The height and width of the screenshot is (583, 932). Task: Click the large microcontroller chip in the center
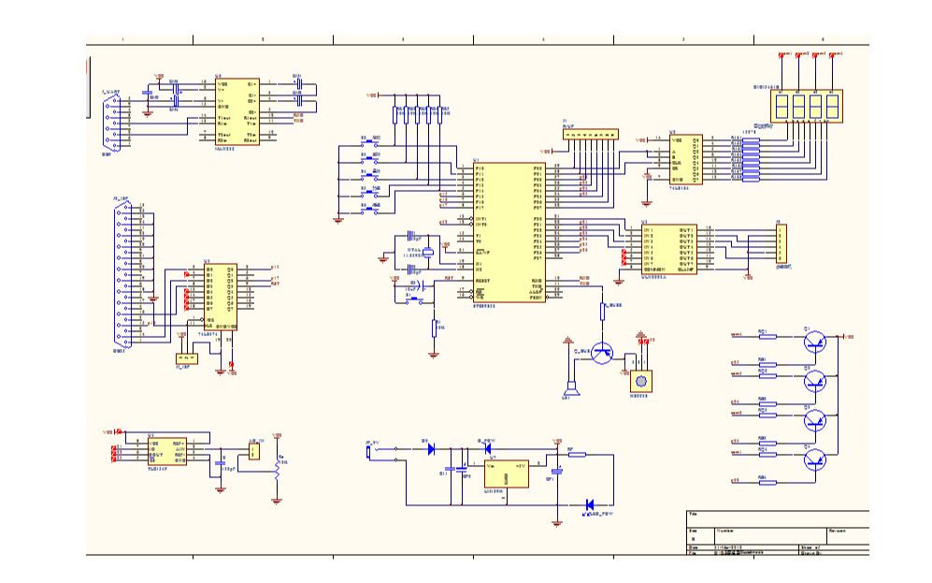pyautogui.click(x=509, y=231)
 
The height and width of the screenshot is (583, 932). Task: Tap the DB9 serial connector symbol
pyautogui.click(x=111, y=121)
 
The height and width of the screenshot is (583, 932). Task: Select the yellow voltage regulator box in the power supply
pyautogui.click(x=505, y=472)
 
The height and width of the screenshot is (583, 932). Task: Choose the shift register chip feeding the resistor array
pyautogui.click(x=685, y=158)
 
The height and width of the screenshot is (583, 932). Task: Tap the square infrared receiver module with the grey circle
pyautogui.click(x=640, y=379)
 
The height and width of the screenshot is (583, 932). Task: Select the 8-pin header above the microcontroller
pyautogui.click(x=589, y=135)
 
